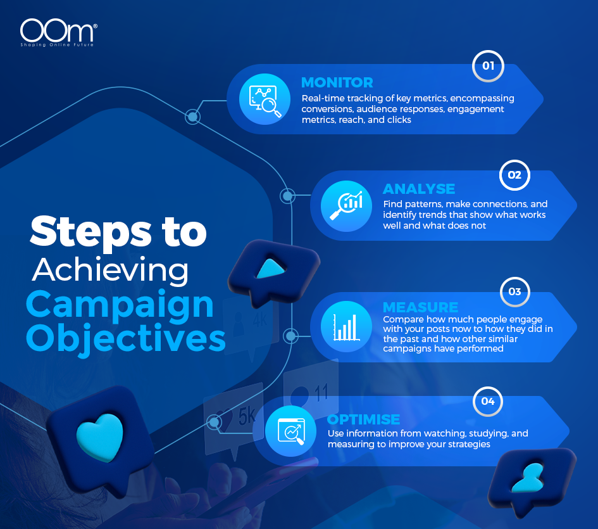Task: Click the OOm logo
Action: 58,33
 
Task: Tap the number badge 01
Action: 488,66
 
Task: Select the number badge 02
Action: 514,175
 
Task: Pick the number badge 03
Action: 514,292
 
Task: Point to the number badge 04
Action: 488,401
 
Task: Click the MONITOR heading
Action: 337,82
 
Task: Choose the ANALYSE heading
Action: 419,189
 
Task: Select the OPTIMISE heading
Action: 363,419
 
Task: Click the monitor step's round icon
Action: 261,100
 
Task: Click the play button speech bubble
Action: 270,271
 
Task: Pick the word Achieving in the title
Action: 110,270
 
